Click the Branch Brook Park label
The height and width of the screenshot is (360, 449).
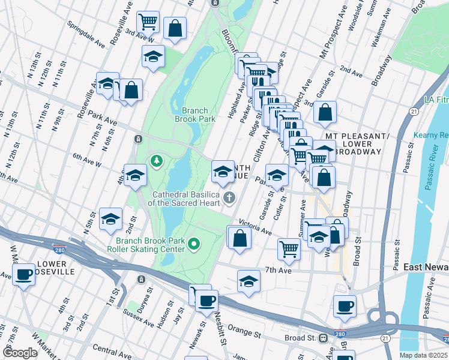point(194,115)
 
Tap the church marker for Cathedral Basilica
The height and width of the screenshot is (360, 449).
point(229,197)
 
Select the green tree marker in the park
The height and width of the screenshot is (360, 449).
point(157,161)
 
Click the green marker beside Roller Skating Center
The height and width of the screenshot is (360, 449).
point(194,244)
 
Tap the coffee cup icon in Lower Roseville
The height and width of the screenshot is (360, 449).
point(23,275)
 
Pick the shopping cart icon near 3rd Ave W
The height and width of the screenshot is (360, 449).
point(148,23)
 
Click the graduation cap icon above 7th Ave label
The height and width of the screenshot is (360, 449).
point(249,280)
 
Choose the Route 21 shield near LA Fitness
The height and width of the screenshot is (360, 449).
point(414,112)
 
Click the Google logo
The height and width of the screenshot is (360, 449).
point(20,353)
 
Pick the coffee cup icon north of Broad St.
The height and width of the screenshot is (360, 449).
point(345,306)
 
